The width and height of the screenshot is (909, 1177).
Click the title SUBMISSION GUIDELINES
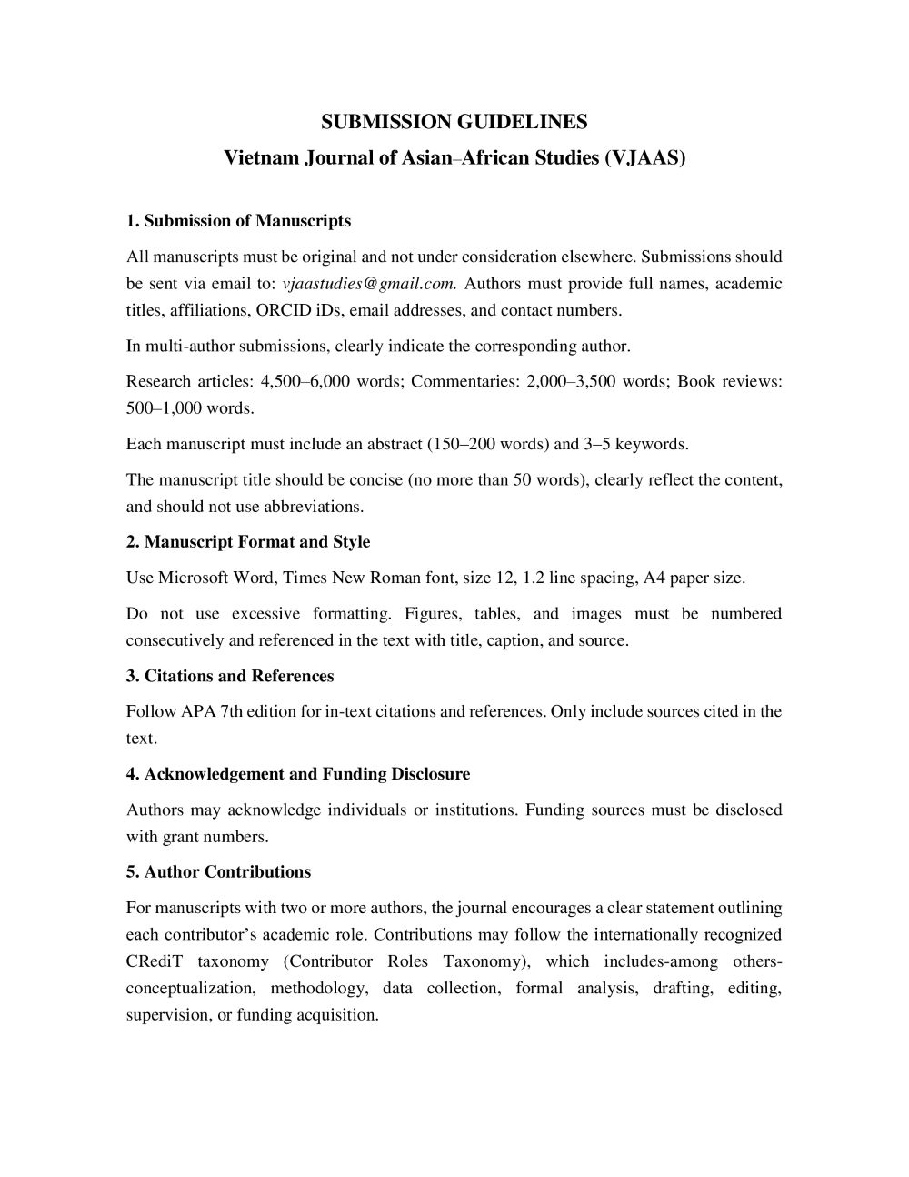pos(454,122)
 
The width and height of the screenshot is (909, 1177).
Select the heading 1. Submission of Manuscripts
pos(238,221)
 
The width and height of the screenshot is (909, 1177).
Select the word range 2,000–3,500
pos(571,382)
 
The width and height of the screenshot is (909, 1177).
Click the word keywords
pos(652,445)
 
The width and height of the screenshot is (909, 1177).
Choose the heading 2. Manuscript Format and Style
pos(248,542)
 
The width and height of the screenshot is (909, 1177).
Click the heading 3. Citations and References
pos(230,676)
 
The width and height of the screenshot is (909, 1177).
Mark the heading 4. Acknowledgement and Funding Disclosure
pos(298,774)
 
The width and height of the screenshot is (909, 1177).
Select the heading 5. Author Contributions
pos(218,872)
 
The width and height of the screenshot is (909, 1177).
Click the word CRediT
pos(150,961)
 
